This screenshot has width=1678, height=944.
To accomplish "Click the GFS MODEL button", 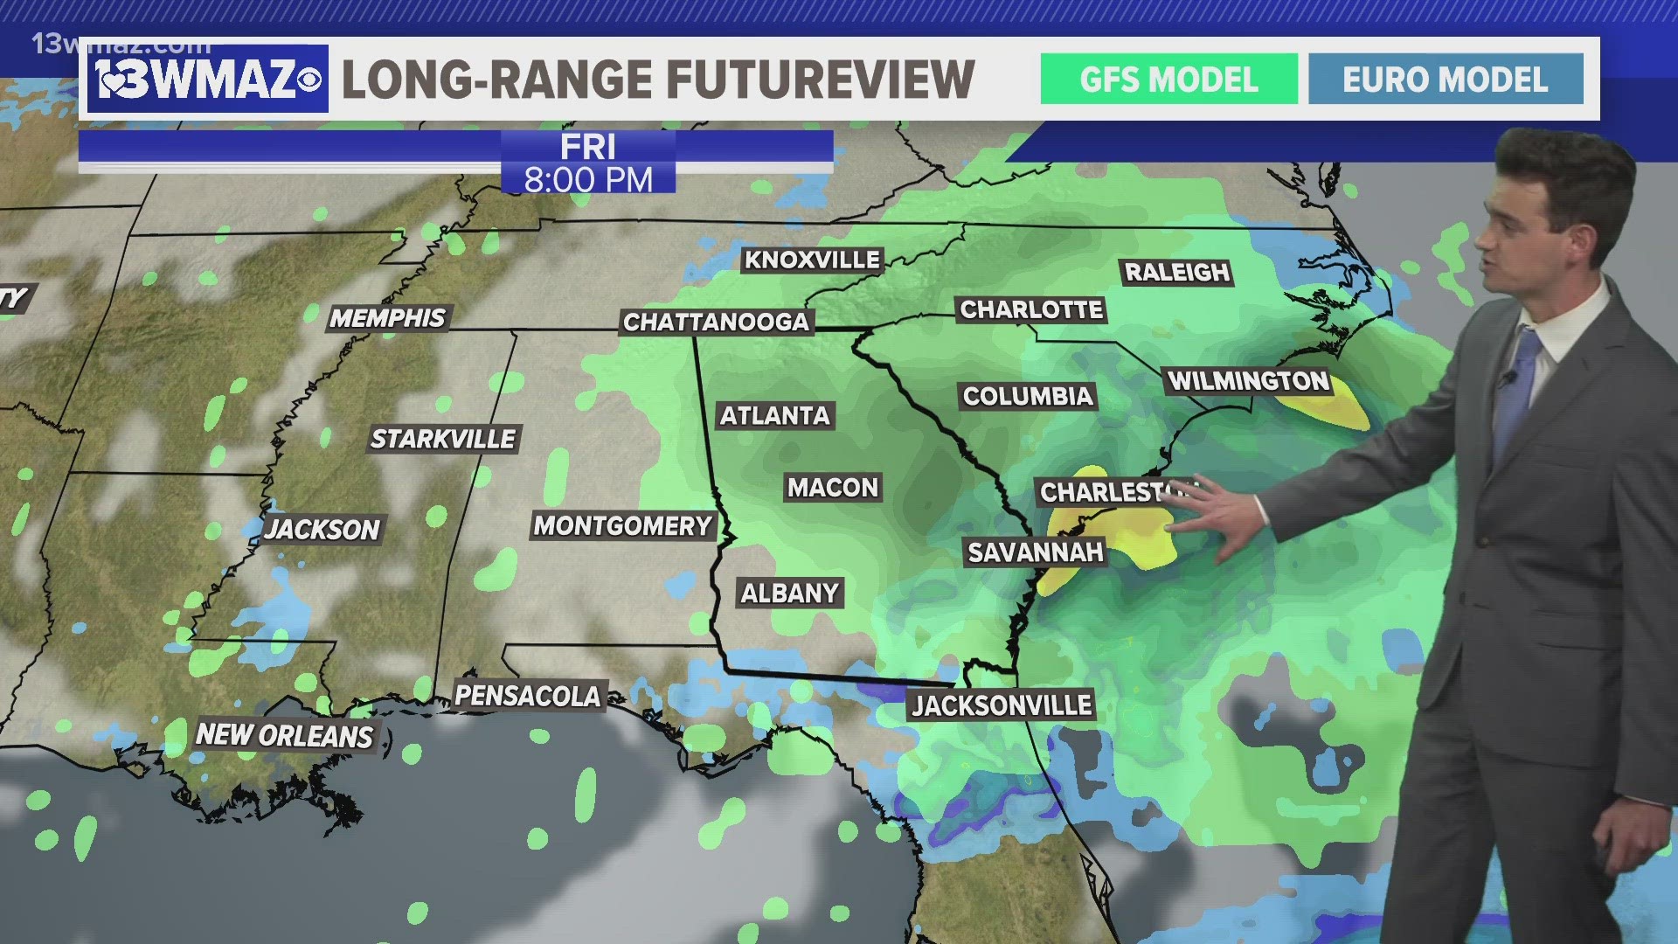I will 1168,80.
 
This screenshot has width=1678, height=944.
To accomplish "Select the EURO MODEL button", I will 1446,80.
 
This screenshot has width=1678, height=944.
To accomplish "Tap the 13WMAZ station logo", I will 207,80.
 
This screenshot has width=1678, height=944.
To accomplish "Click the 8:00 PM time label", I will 588,180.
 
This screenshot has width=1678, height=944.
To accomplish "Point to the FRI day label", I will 588,146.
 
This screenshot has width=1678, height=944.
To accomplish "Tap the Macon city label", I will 832,487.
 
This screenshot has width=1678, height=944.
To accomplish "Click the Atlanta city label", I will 774,415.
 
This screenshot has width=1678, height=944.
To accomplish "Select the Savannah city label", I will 1036,552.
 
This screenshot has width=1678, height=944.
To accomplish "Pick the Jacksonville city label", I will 1002,705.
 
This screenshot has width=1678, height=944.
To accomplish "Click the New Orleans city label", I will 284,735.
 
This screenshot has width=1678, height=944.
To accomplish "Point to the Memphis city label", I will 387,317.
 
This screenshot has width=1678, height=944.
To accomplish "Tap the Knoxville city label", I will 812,260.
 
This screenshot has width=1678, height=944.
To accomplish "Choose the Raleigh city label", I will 1177,272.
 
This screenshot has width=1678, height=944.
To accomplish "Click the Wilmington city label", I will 1249,381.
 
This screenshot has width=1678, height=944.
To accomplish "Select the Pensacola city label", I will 528,696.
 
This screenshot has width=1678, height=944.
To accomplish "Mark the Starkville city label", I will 443,438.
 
